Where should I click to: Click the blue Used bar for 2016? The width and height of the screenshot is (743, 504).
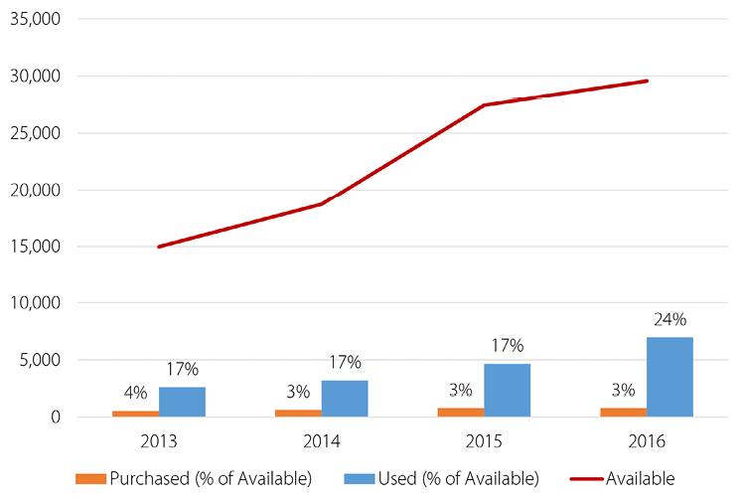[669, 377]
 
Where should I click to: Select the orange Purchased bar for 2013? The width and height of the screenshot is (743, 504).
[135, 413]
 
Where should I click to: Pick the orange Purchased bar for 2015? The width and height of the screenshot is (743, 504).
[461, 412]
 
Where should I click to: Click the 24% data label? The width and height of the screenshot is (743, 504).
[669, 320]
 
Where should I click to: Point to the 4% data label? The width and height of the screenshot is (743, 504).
[135, 393]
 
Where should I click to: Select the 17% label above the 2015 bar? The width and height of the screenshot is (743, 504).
[508, 346]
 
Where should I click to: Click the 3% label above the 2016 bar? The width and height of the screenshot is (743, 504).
[624, 390]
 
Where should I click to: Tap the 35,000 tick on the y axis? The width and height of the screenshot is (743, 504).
[34, 19]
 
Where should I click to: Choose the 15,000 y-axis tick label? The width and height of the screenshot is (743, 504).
[34, 247]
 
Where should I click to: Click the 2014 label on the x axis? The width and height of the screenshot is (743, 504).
[321, 438]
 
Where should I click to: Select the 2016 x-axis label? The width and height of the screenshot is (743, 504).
[647, 438]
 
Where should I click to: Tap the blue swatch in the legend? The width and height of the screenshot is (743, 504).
[359, 478]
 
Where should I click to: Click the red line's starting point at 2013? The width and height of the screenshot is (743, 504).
[159, 247]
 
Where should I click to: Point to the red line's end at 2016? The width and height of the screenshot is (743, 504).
[647, 81]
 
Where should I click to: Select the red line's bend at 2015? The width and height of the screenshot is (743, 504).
[484, 105]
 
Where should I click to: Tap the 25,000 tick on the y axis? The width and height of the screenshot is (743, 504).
[34, 133]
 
